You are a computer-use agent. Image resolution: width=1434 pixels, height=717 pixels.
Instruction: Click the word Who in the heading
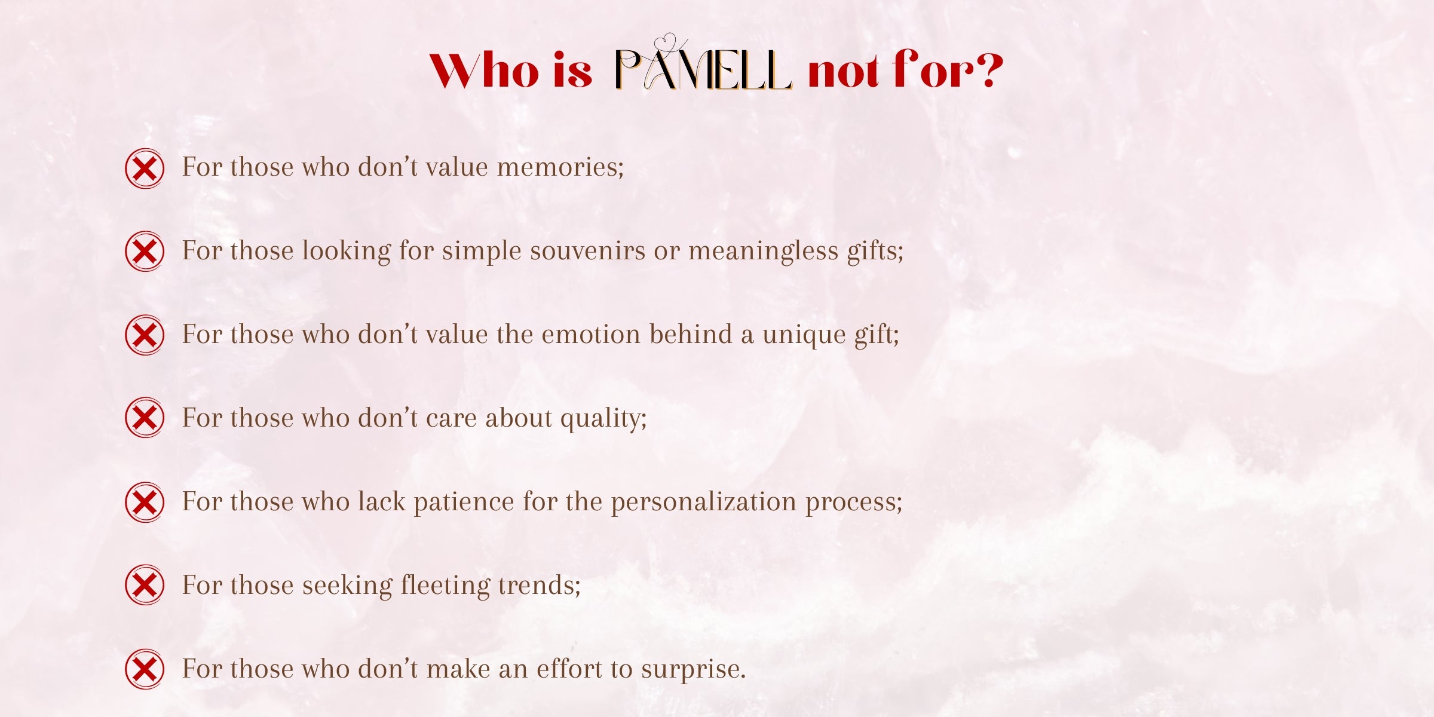[x=484, y=71]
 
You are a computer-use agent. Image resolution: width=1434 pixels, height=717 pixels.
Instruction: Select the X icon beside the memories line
[x=145, y=168]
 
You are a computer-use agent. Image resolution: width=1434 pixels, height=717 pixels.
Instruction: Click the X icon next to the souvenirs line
[x=145, y=252]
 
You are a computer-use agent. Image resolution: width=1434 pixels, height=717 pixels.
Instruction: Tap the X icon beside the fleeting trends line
[x=145, y=585]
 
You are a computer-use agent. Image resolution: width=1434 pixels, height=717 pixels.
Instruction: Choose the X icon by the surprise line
[x=145, y=669]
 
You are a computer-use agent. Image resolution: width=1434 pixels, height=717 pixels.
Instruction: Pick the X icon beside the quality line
[x=145, y=418]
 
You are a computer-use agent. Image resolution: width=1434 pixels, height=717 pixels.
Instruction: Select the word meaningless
[x=763, y=251]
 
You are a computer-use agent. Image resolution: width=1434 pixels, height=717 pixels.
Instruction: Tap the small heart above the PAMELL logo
[x=665, y=42]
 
